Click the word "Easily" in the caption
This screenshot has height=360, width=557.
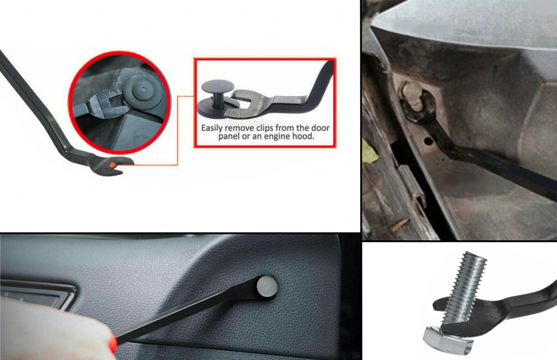click(x=212, y=128)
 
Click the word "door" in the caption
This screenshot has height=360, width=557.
click(x=321, y=128)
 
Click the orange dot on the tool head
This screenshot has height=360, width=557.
click(x=112, y=165)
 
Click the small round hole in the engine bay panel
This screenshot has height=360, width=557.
click(x=428, y=141)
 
